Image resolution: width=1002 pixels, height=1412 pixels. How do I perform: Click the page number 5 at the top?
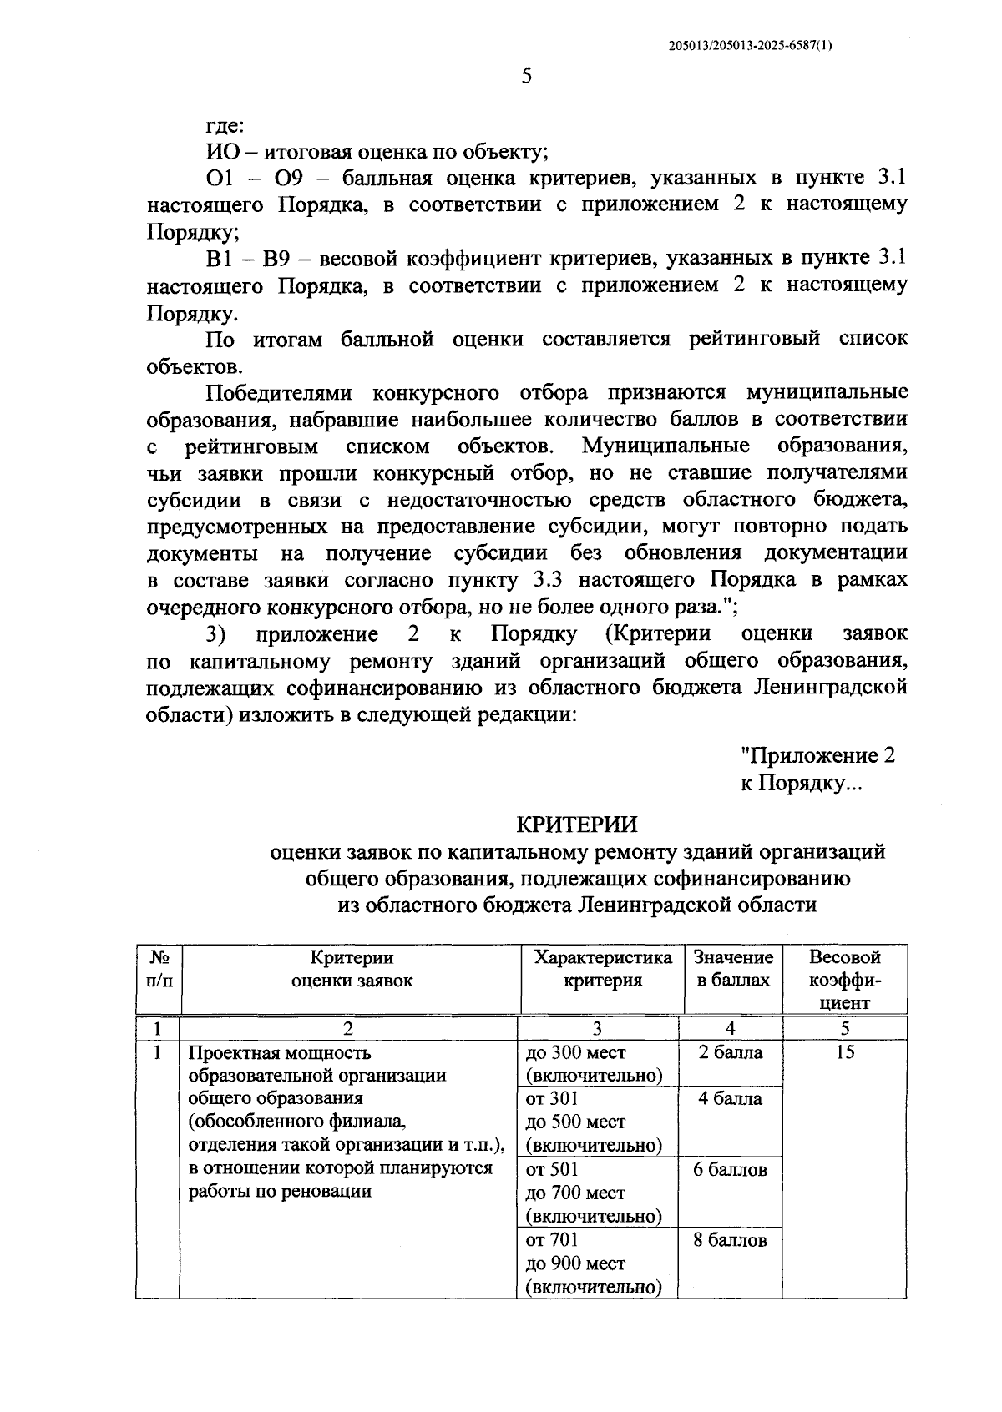pyautogui.click(x=526, y=77)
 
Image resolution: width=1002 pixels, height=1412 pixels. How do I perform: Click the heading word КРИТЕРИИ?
pyautogui.click(x=576, y=825)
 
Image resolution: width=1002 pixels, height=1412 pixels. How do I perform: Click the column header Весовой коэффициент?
pyautogui.click(x=845, y=980)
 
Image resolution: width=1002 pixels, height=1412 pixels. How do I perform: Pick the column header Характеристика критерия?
pyautogui.click(x=603, y=969)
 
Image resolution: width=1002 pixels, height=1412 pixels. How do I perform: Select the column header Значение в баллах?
pyautogui.click(x=733, y=969)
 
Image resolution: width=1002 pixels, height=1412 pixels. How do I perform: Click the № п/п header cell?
pyautogui.click(x=159, y=969)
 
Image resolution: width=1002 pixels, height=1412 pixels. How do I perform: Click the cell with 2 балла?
pyautogui.click(x=731, y=1053)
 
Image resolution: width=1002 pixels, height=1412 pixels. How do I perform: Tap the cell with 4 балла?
pyautogui.click(x=731, y=1099)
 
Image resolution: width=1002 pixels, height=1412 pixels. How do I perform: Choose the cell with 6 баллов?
pyautogui.click(x=731, y=1170)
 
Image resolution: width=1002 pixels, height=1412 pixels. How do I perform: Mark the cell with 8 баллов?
pyautogui.click(x=731, y=1241)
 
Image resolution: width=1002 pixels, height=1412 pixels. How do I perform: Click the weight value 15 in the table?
pyautogui.click(x=845, y=1053)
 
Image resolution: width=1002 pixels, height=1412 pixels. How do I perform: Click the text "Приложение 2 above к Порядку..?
pyautogui.click(x=818, y=756)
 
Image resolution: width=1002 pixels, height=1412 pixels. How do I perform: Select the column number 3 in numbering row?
pyautogui.click(x=597, y=1028)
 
